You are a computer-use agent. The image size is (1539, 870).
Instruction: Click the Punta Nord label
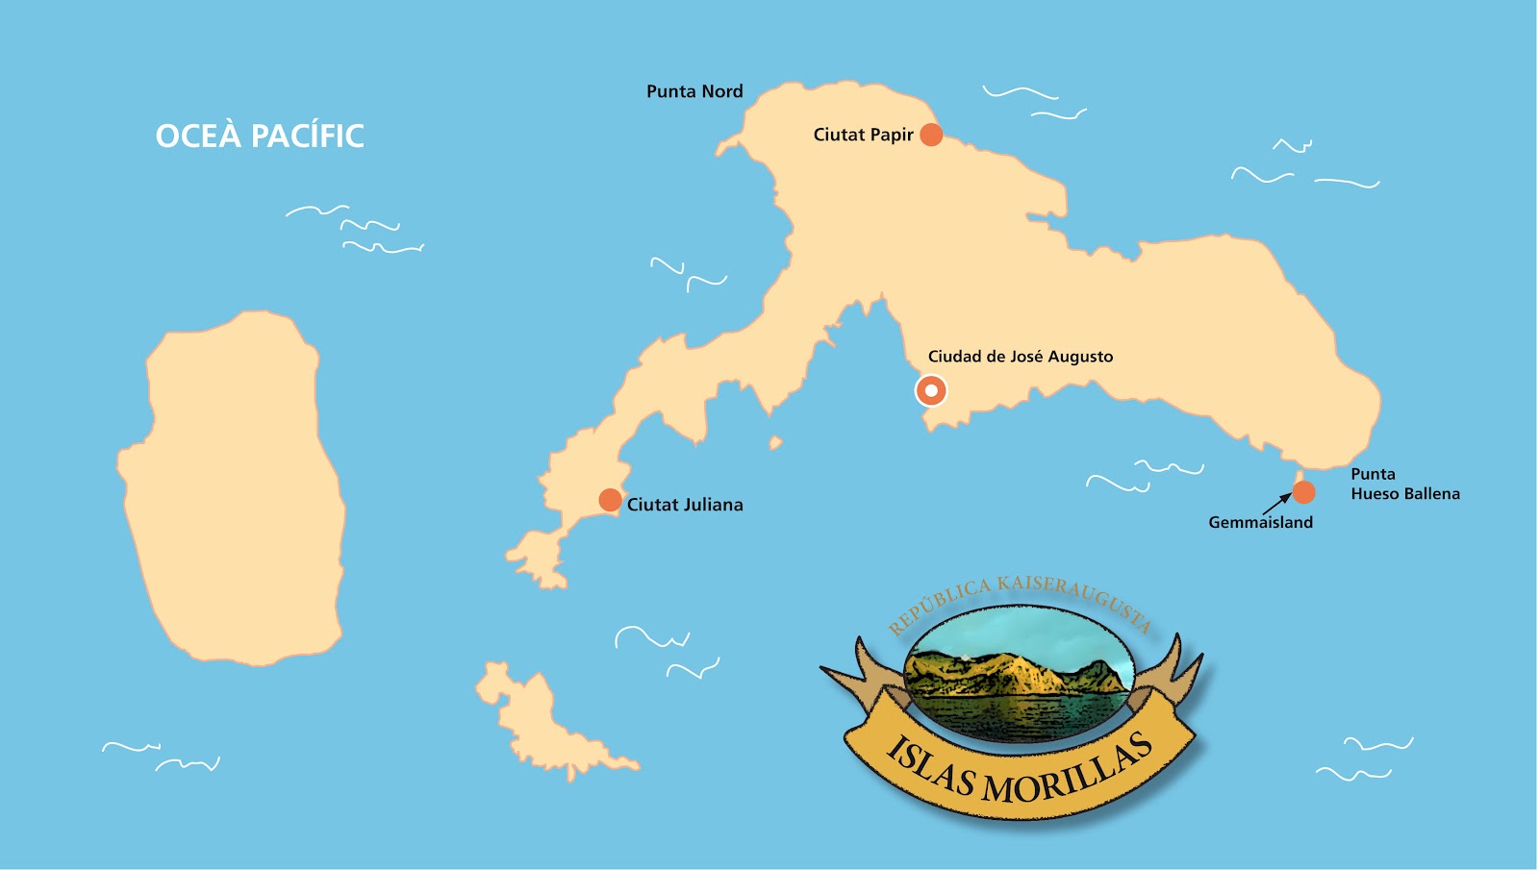[694, 91]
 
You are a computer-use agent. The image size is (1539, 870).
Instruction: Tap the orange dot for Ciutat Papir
[931, 135]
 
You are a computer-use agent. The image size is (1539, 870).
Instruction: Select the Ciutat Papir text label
[863, 135]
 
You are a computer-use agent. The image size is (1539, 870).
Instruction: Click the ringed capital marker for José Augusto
[931, 390]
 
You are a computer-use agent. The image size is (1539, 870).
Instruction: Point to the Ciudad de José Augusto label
[1021, 357]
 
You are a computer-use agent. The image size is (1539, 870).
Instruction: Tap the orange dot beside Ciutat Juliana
[610, 500]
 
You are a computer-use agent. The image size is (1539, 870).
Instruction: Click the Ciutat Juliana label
[685, 505]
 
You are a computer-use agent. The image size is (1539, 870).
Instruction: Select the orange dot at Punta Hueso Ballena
[1303, 492]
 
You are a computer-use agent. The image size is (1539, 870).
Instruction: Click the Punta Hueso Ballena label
[1404, 484]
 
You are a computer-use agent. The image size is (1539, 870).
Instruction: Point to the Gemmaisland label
[1260, 522]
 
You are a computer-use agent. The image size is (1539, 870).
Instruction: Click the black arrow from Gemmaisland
[1277, 503]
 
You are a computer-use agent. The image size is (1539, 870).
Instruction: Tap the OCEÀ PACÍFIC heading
[260, 137]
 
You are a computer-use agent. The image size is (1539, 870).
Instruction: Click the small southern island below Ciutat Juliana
[543, 721]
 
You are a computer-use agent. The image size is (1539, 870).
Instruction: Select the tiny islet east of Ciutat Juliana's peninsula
[775, 443]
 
